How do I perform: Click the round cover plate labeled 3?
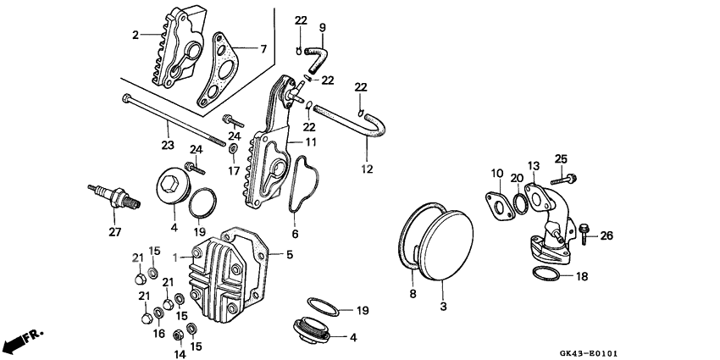point(450,241)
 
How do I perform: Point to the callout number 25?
point(560,159)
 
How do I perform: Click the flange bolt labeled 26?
point(586,232)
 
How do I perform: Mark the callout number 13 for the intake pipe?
point(534,166)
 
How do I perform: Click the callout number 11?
point(311,141)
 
